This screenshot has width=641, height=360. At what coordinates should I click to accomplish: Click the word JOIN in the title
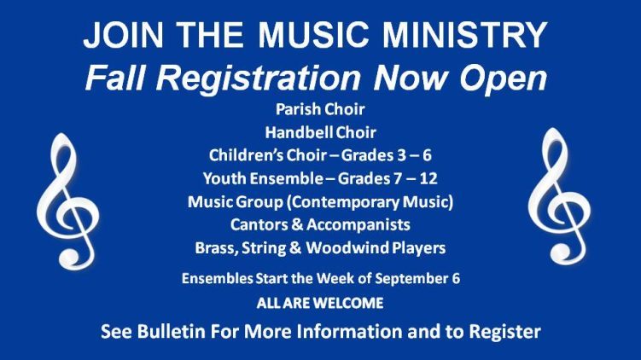click(124, 35)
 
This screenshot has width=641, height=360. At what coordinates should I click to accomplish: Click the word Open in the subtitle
click(503, 79)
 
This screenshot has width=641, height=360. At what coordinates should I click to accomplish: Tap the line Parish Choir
click(320, 109)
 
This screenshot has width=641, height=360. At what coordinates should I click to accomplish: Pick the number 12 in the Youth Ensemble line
click(428, 178)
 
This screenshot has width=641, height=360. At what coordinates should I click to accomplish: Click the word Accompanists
click(358, 225)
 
